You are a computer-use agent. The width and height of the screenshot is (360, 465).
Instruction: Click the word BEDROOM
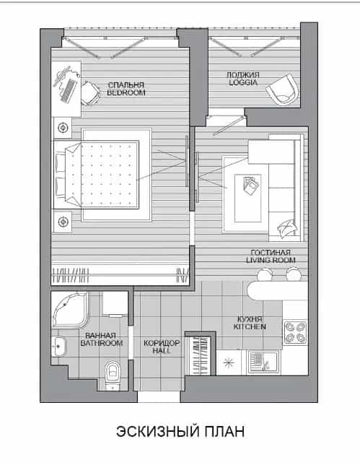[126, 92]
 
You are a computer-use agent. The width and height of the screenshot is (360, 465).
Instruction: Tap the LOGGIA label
[243, 82]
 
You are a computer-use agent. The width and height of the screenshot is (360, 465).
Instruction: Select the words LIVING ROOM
[271, 260]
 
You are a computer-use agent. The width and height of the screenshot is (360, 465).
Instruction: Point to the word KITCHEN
[250, 326]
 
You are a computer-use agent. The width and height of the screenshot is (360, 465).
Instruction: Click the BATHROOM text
[102, 343]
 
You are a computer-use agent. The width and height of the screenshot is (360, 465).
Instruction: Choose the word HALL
[162, 350]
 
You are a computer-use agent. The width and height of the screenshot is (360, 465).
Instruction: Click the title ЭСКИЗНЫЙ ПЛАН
[180, 432]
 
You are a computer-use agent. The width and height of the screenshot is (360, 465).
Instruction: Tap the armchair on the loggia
[282, 90]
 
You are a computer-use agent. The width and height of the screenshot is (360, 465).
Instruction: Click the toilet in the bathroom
[113, 373]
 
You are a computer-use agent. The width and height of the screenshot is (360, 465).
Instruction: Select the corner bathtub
[70, 309]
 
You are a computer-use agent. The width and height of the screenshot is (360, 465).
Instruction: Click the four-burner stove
[295, 332]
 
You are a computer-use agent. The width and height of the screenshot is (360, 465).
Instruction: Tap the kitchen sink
[263, 362]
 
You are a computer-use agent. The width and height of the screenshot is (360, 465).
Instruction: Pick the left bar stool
[265, 274]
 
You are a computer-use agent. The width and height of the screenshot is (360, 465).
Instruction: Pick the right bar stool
[294, 274]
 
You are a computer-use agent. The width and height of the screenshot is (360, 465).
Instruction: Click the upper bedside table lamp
[63, 128]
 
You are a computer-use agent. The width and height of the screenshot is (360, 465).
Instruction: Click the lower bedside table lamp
[63, 222]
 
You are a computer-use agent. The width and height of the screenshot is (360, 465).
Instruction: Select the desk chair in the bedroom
[90, 93]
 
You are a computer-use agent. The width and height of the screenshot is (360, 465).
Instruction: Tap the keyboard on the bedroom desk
[69, 90]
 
